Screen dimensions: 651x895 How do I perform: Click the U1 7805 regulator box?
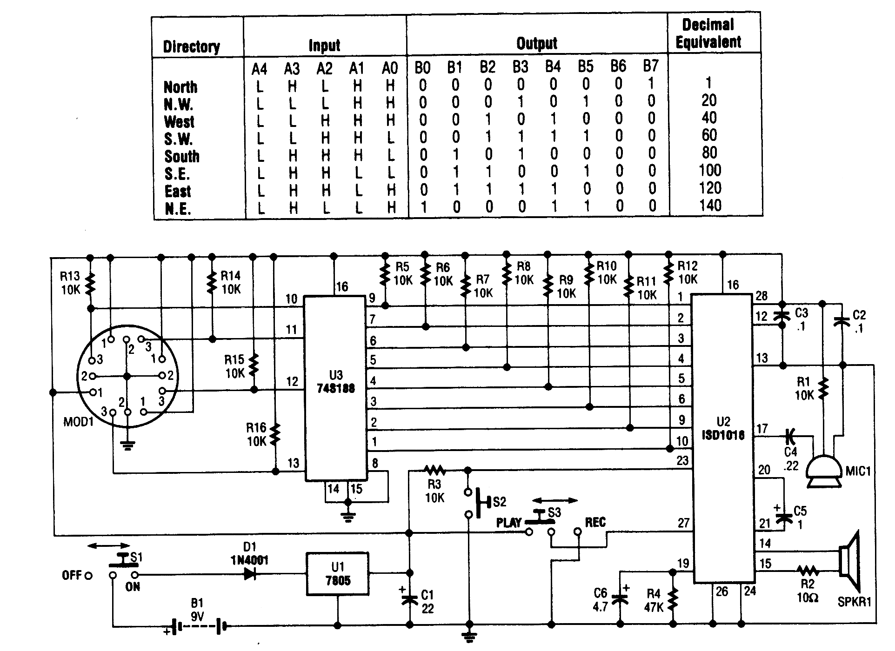[x=337, y=574]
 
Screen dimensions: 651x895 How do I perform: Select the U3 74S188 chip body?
[x=335, y=388]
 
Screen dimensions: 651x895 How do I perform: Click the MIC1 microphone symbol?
[x=824, y=471]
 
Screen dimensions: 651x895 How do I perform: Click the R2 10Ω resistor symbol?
[x=808, y=570]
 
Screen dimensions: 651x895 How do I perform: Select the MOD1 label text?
[x=79, y=422]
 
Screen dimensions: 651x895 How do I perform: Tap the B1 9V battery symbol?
[x=198, y=626]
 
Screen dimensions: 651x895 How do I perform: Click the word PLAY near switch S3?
[x=508, y=522]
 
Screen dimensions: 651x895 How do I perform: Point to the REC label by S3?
[x=595, y=522]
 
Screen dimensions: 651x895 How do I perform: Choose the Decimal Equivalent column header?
[x=708, y=33]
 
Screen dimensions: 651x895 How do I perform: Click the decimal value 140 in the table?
[x=710, y=206]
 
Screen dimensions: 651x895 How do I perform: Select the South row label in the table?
[x=182, y=156]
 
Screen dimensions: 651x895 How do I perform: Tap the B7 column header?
[x=651, y=66]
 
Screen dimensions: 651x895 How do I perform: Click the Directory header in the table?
[x=191, y=46]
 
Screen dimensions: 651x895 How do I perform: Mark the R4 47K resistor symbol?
[x=672, y=600]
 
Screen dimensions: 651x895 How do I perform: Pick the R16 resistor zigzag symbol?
[x=275, y=433]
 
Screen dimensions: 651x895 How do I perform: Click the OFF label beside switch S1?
[x=72, y=575]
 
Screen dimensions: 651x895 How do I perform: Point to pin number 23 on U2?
[x=682, y=460]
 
